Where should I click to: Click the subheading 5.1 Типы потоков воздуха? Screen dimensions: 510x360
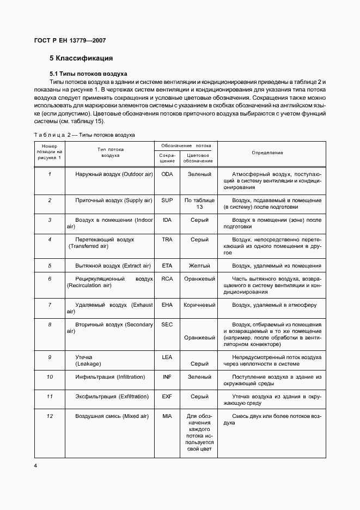point(88,73)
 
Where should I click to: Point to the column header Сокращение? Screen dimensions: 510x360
point(167,158)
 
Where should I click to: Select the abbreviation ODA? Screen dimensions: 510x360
point(167,174)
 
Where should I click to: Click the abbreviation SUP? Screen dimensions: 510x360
point(167,201)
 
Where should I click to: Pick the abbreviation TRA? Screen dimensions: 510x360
point(167,239)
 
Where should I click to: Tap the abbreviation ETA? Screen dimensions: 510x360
point(167,266)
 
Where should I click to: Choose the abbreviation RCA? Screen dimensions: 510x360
point(167,278)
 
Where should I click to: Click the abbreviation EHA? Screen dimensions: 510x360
point(167,305)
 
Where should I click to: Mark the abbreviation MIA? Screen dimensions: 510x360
point(167,417)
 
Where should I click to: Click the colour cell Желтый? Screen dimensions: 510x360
point(199,266)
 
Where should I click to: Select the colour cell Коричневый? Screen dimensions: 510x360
point(199,305)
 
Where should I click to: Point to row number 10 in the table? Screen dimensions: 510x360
point(50,377)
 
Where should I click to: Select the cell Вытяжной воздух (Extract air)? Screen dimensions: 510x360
point(112,266)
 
